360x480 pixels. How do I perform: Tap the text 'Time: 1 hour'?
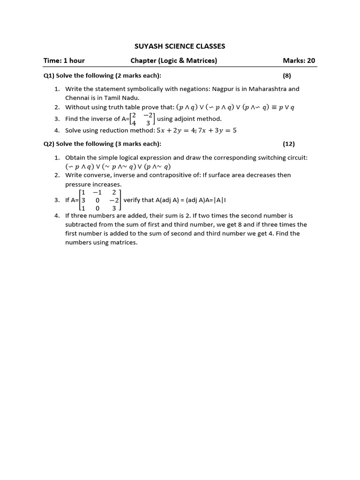(x=64, y=60)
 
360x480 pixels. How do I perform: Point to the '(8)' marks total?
(x=287, y=75)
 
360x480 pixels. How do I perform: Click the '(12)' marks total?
(x=289, y=144)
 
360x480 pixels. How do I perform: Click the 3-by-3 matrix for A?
(x=100, y=200)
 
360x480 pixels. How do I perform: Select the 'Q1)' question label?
(x=49, y=75)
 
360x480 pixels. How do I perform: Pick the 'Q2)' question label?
(x=49, y=144)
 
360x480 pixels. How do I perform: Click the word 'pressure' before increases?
(x=77, y=184)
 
